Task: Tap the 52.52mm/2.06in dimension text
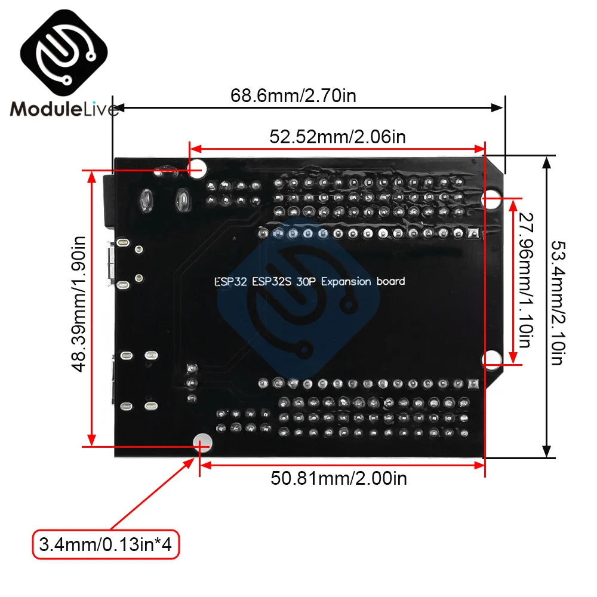338,137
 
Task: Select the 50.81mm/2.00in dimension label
338,478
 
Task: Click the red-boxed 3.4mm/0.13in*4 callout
106,544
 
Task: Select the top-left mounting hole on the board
198,168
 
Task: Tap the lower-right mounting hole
491,358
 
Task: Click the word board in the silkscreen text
390,281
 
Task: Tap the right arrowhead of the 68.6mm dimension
497,107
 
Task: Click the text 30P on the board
307,282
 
